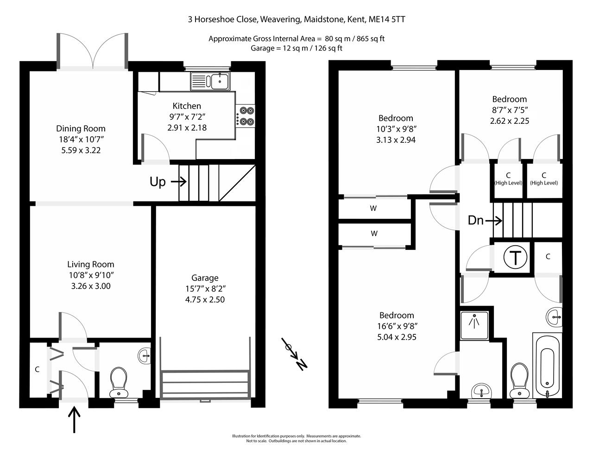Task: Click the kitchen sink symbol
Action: tap(210, 81)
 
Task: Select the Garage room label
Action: tap(205, 278)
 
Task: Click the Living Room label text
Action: tap(91, 264)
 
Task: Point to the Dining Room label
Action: tap(81, 128)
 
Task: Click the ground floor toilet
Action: tap(119, 382)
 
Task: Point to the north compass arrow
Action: tap(295, 355)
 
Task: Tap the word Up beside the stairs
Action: tap(158, 182)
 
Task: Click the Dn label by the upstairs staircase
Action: tap(476, 220)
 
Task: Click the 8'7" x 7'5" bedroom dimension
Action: tap(509, 110)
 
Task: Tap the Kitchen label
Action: tap(187, 106)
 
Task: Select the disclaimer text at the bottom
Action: tap(296, 438)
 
